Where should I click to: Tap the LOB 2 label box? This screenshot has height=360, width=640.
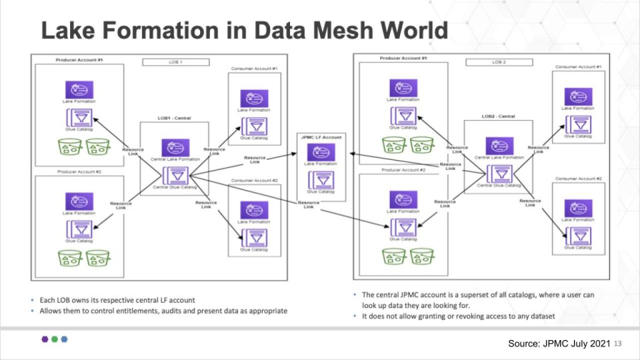coord(498,62)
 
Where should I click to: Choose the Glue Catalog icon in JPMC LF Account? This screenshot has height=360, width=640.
coord(321,179)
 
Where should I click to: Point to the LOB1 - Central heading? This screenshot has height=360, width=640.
coord(174,117)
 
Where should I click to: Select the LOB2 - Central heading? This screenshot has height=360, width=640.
coord(498,116)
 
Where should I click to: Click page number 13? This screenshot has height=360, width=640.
coord(619,343)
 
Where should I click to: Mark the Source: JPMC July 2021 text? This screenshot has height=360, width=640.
coord(559,343)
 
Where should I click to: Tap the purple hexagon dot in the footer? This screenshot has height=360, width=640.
coord(44,339)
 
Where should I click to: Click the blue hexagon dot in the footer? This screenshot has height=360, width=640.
coord(64,339)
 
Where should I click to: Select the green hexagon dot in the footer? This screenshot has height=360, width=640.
coord(54,339)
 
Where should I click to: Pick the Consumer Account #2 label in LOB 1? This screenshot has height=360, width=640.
coord(254,181)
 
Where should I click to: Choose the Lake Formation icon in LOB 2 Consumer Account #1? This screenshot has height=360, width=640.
coord(578,96)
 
